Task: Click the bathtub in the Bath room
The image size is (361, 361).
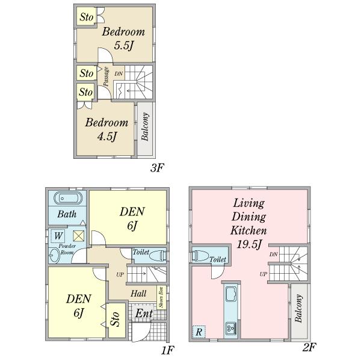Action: (67, 199)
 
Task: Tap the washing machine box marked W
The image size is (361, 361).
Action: (58, 236)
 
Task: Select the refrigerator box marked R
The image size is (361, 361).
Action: (199, 332)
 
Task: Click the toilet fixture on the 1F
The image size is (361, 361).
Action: (156, 255)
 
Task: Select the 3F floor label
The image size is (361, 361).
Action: (157, 168)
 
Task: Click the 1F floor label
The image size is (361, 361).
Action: (168, 349)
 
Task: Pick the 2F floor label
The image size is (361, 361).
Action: (309, 347)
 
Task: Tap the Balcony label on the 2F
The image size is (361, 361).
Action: (298, 310)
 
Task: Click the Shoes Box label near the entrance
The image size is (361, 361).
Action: (161, 297)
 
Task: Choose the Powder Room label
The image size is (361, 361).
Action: (66, 249)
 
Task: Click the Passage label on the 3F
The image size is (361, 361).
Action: (106, 77)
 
